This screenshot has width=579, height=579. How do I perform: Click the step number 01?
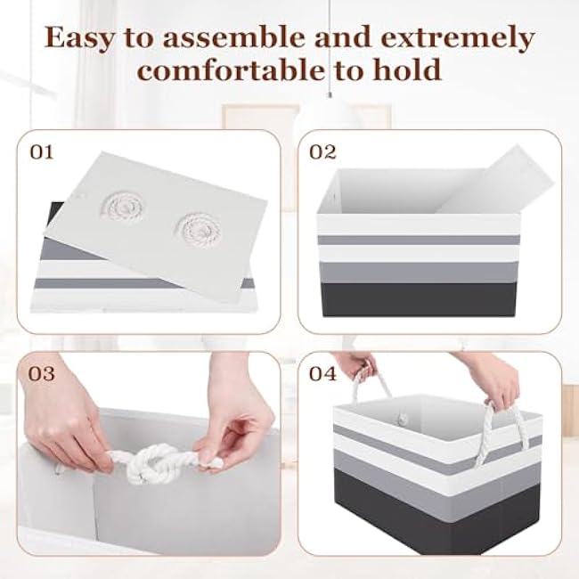pos(43,152)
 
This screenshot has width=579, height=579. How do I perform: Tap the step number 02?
pos(322,152)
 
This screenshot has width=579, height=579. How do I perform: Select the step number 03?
pos(43,373)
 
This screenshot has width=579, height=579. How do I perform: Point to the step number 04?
pos(322,373)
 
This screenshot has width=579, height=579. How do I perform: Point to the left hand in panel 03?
pos(66,436)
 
